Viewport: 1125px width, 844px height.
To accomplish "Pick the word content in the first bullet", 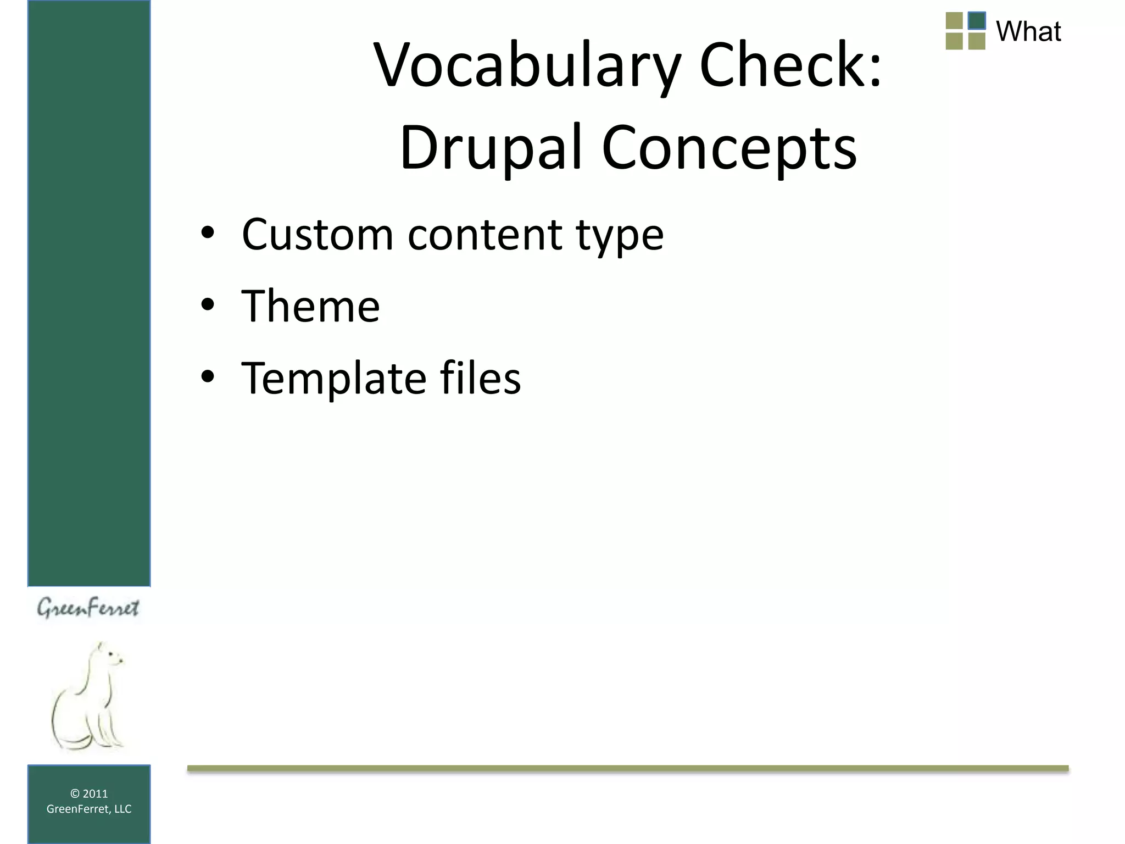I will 485,235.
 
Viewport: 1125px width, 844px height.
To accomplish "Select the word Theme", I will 310,306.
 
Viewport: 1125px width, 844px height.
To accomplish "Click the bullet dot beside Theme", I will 208,305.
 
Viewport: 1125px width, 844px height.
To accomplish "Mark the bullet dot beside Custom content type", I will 208,233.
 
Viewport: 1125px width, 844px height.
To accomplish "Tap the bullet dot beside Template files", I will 208,377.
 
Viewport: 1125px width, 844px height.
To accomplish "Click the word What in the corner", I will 1028,31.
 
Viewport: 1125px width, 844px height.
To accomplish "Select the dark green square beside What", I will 977,21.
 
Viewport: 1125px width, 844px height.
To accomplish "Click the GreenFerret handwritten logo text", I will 88,608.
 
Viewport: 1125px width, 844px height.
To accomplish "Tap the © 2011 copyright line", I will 89,793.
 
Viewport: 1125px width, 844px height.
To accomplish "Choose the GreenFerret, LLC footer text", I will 89,809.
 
